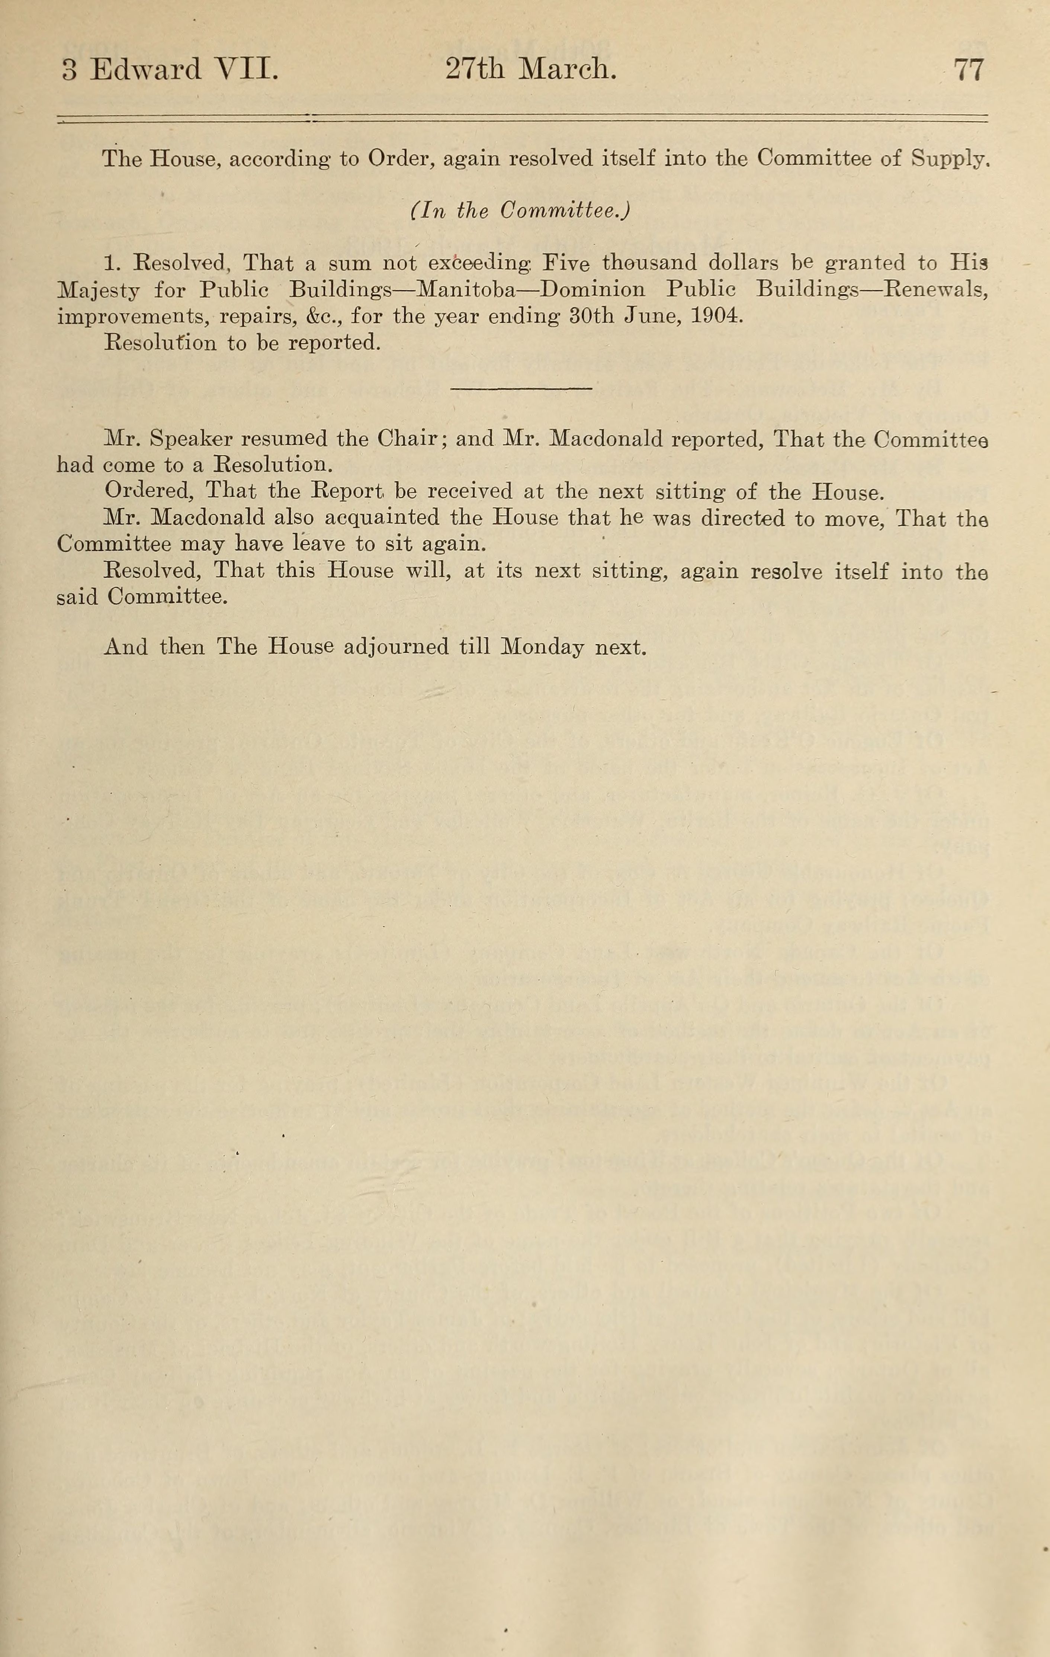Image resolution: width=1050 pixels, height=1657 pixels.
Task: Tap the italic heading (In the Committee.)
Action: tap(520, 211)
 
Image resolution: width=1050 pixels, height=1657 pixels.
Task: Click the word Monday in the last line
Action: tap(543, 648)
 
